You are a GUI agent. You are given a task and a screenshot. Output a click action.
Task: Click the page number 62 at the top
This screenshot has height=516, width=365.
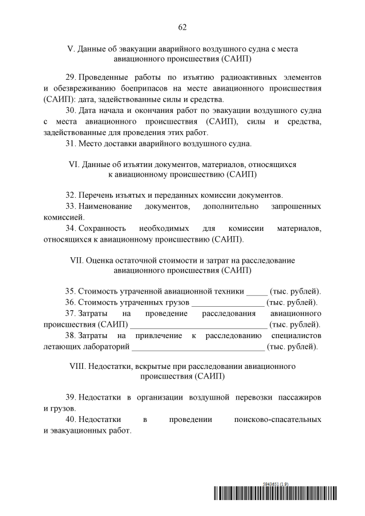pyautogui.click(x=182, y=27)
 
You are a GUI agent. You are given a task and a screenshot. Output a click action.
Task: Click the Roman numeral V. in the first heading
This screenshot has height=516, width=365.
pyautogui.click(x=71, y=49)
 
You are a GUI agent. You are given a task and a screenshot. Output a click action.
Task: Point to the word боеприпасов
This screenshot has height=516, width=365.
pyautogui.click(x=143, y=88)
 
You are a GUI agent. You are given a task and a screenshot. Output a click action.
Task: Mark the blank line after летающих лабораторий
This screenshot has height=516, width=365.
pyautogui.click(x=198, y=347)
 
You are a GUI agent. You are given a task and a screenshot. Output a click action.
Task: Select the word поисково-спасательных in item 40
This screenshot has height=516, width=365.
pyautogui.click(x=278, y=419)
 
